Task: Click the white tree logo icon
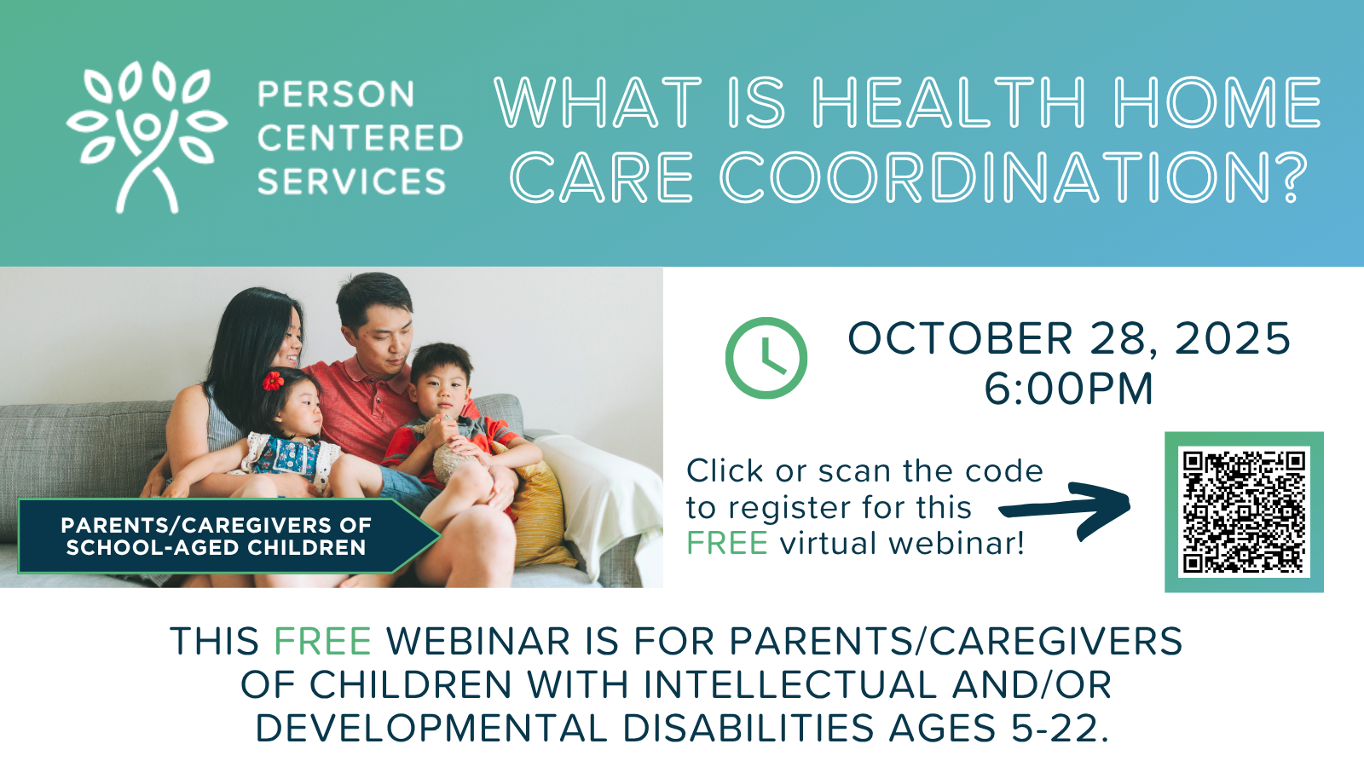pos(147,137)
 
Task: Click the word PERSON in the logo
pos(336,95)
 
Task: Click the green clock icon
pos(766,358)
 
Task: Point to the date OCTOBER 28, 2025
pos(1069,338)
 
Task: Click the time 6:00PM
pos(1069,389)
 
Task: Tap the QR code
pos(1244,512)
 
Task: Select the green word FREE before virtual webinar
pos(727,543)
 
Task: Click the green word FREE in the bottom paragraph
pos(323,641)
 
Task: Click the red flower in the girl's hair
pos(273,381)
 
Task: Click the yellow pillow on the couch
pos(539,511)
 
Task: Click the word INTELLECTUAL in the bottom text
pos(789,685)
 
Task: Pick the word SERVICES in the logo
pos(352,182)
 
